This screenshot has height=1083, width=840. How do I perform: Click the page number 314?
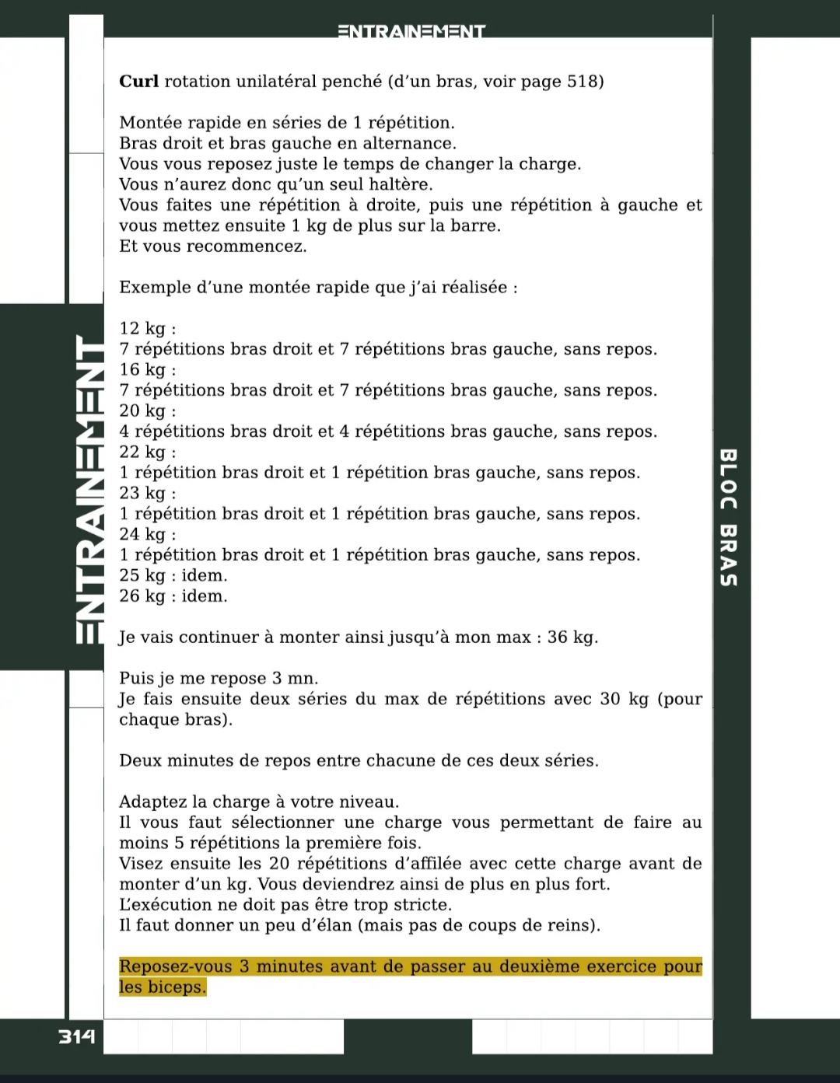point(77,1036)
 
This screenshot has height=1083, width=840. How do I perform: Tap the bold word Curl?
point(138,82)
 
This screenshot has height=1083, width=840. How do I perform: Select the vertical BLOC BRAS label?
point(728,517)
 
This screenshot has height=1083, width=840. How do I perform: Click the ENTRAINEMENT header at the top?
point(411,32)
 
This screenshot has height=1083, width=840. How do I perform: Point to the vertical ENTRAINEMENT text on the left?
point(90,490)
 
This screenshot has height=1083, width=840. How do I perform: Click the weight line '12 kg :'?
point(148,329)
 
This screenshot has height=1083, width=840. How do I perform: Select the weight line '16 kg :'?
point(148,370)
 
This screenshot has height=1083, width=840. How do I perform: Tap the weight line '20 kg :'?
point(148,411)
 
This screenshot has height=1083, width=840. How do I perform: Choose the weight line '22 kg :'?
point(148,452)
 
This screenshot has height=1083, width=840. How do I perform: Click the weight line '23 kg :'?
point(148,494)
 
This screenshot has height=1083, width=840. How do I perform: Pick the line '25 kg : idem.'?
point(173,576)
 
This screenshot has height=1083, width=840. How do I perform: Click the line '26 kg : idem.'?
point(173,596)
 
